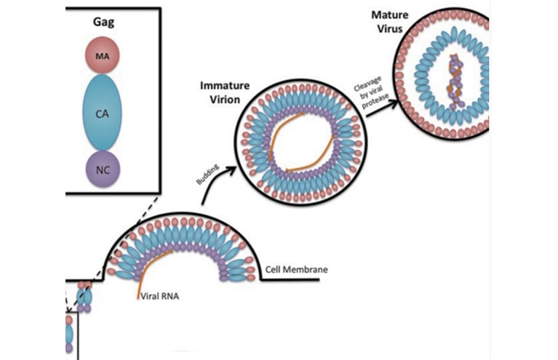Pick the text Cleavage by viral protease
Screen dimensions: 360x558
368,86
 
